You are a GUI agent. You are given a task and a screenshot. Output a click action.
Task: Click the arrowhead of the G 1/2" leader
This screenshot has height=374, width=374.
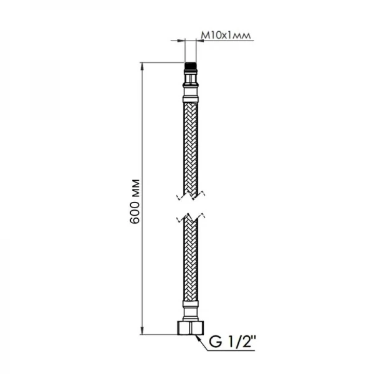pyautogui.click(x=198, y=336)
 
